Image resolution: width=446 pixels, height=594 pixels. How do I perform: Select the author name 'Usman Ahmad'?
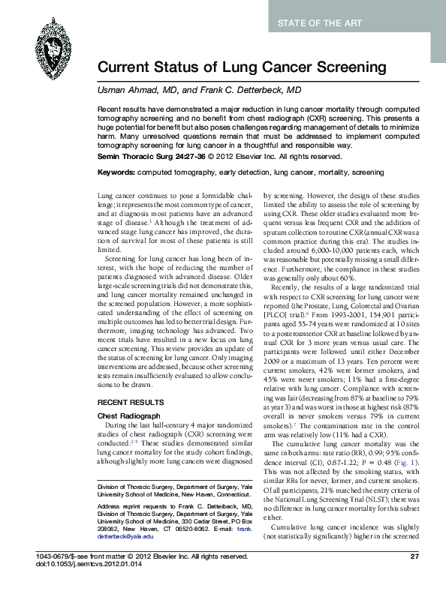pos(125,90)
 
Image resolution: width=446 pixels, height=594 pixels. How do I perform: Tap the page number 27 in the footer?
pos(414,577)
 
